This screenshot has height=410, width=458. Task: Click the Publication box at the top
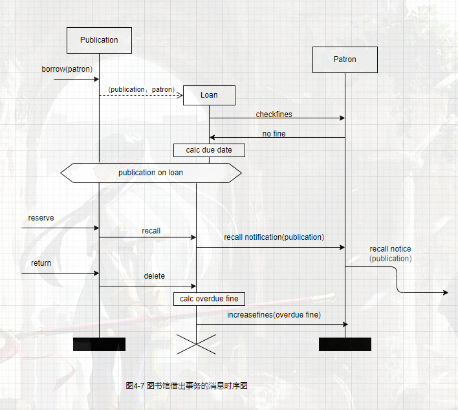tap(99, 40)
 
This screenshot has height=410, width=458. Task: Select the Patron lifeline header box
tap(345, 59)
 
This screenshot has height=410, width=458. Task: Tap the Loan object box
tap(209, 95)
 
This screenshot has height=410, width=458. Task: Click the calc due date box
tap(209, 150)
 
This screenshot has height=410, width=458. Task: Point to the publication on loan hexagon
tap(151, 173)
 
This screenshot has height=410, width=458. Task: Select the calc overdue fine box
tap(209, 299)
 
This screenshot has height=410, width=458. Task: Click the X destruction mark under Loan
tap(196, 344)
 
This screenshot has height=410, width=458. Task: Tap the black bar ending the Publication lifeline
tap(99, 344)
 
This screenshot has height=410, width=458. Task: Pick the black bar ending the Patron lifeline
tap(345, 344)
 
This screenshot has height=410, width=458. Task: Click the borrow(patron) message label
tap(67, 69)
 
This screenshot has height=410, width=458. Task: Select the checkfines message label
tap(274, 114)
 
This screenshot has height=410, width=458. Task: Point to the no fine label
tap(274, 134)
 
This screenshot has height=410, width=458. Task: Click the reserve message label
tap(41, 218)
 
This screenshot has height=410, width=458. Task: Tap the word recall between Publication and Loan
tap(151, 231)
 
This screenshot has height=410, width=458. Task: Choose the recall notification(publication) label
tap(274, 237)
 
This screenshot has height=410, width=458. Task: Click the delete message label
tap(154, 276)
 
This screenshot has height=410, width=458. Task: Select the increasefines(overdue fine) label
tap(274, 315)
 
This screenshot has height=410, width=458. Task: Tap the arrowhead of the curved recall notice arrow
tap(444, 293)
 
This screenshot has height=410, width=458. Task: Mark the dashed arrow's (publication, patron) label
tap(141, 89)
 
